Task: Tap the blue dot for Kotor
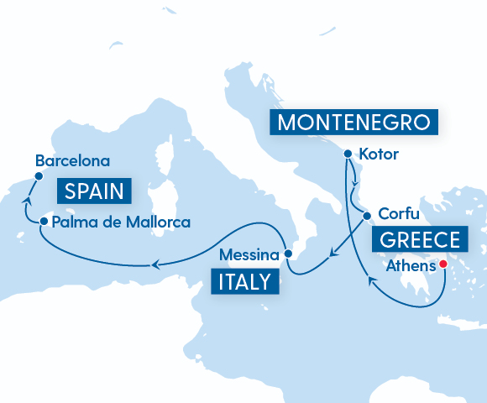pos(346,154)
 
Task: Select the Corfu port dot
pos(367,215)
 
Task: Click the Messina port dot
pos(287,253)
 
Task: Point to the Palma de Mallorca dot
pos(43,222)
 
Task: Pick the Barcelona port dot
pos(38,176)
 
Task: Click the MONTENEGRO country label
pos(356,123)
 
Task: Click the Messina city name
pos(248,254)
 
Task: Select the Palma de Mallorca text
pos(121,222)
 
